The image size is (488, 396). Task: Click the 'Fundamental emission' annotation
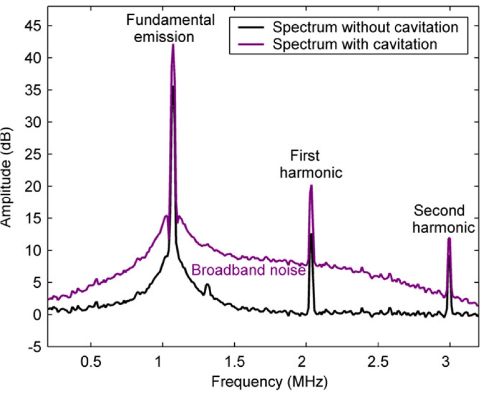170,29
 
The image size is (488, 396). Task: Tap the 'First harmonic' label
311,164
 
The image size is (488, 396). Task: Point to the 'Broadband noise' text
248,270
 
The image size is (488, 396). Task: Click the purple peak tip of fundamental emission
173,45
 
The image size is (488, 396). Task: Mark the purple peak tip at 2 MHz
311,186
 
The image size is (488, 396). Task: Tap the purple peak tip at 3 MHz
449,238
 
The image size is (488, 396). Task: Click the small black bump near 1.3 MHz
207,286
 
